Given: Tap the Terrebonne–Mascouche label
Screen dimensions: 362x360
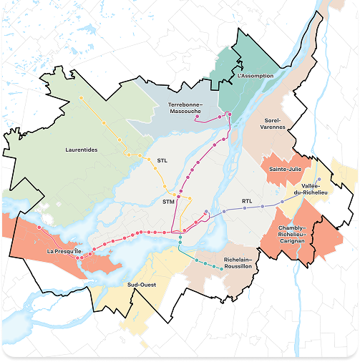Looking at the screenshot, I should tap(185, 107).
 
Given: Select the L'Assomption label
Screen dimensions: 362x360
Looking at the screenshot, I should tap(250, 75).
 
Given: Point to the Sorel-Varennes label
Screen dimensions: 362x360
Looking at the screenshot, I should tap(274, 123).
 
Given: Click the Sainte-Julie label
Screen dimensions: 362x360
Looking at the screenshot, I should tap(283, 169).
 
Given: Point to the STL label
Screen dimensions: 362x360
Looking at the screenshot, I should tap(162, 161).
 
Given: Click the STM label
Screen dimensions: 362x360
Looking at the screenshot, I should tap(169, 202).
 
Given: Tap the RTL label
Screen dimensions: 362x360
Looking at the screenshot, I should tap(247, 201).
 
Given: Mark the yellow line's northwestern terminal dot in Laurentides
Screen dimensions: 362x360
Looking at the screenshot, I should tap(82, 97).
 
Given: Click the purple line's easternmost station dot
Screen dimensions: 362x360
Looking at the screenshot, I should tap(319, 179).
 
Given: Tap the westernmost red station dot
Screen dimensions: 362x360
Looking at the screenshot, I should tap(39, 228).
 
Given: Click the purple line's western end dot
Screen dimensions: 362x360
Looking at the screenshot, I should tap(206, 212).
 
